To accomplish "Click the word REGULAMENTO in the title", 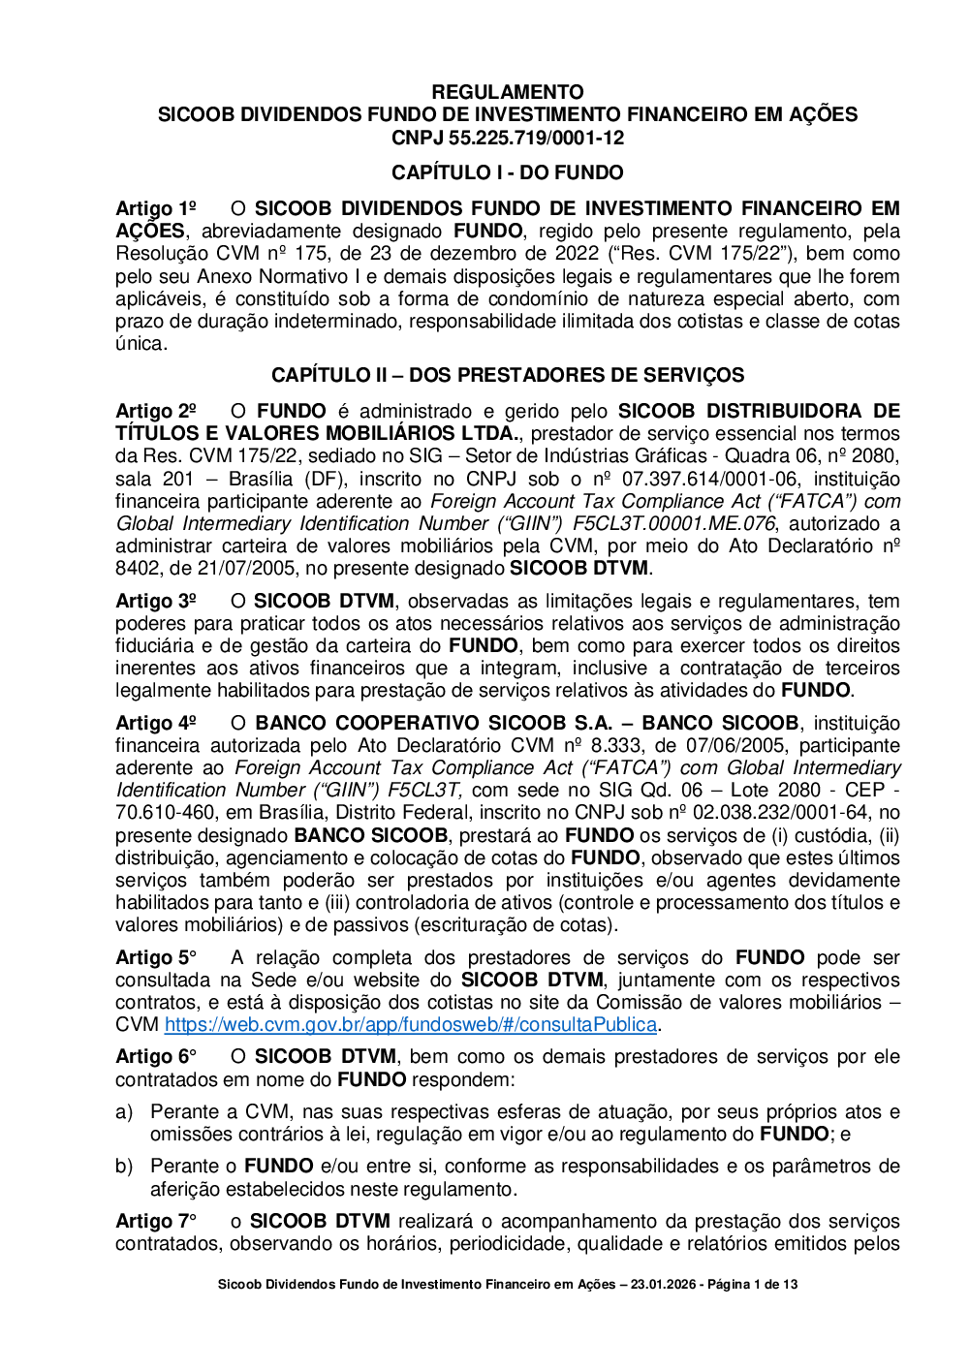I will tap(508, 92).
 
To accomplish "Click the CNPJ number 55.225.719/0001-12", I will tap(536, 138).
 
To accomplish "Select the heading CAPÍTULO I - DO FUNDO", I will tap(508, 172).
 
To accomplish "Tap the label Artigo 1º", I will tap(156, 208).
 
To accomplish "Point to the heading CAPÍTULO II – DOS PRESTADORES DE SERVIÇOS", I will tap(508, 375).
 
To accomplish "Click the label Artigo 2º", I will tap(156, 411).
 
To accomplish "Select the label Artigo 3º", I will tap(156, 601).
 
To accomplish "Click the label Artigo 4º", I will tap(156, 723).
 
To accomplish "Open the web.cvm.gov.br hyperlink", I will tap(411, 1024).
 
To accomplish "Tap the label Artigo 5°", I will tap(156, 957).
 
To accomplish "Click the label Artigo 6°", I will tap(156, 1056).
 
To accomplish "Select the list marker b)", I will tap(124, 1166).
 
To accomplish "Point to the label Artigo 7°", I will tap(156, 1221).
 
